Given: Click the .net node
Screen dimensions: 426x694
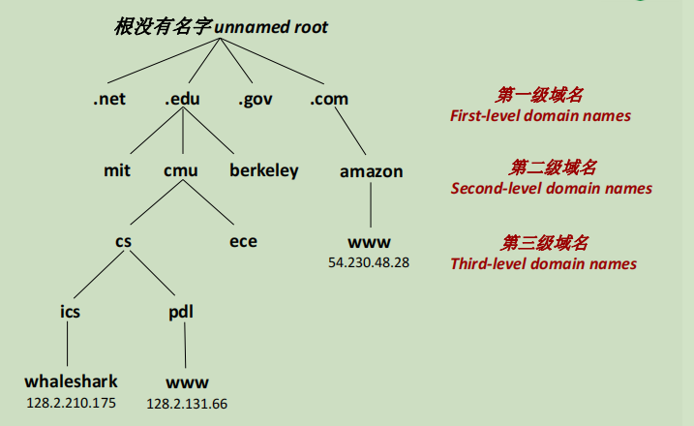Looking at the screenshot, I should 110,99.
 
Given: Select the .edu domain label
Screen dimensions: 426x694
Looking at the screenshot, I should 183,99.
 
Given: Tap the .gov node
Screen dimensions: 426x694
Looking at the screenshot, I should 256,99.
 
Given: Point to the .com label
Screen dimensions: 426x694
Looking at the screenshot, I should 329,99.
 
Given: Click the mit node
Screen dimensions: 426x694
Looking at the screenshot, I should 117,171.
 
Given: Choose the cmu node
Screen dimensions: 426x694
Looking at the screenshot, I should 180,171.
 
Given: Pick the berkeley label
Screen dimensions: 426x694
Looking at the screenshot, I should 264,171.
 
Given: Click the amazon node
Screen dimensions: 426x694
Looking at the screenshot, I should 371,171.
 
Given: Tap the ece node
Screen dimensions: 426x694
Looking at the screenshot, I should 243,241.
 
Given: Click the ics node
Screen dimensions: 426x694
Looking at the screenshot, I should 69,312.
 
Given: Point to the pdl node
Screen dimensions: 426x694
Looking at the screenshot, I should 180,312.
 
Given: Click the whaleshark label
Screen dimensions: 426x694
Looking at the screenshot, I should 70,381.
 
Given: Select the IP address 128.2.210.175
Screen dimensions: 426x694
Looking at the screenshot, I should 70,402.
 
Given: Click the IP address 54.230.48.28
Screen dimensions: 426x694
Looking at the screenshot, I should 369,262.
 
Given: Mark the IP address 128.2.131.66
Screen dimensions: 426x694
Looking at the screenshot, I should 187,403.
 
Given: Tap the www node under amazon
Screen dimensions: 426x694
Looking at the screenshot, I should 369,242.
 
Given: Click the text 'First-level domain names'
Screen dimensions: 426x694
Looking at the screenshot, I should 540,116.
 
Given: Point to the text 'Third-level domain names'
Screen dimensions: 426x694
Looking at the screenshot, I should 543,263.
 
